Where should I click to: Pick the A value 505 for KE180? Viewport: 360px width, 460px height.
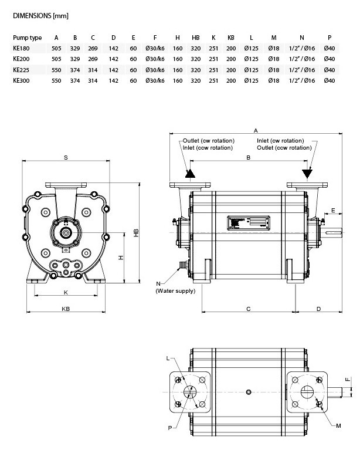[57, 49]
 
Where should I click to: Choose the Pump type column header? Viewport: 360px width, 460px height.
[27, 37]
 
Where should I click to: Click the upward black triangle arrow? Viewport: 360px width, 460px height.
[190, 174]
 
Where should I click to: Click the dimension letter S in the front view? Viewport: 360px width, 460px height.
[66, 157]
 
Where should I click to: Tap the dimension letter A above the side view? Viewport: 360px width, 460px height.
[256, 130]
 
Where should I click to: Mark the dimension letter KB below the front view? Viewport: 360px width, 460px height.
[66, 309]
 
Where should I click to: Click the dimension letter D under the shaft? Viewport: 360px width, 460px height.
[318, 309]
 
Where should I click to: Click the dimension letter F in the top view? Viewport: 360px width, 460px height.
[347, 380]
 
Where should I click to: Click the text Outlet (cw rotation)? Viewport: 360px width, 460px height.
[208, 141]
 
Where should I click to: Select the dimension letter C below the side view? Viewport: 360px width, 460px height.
[249, 309]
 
